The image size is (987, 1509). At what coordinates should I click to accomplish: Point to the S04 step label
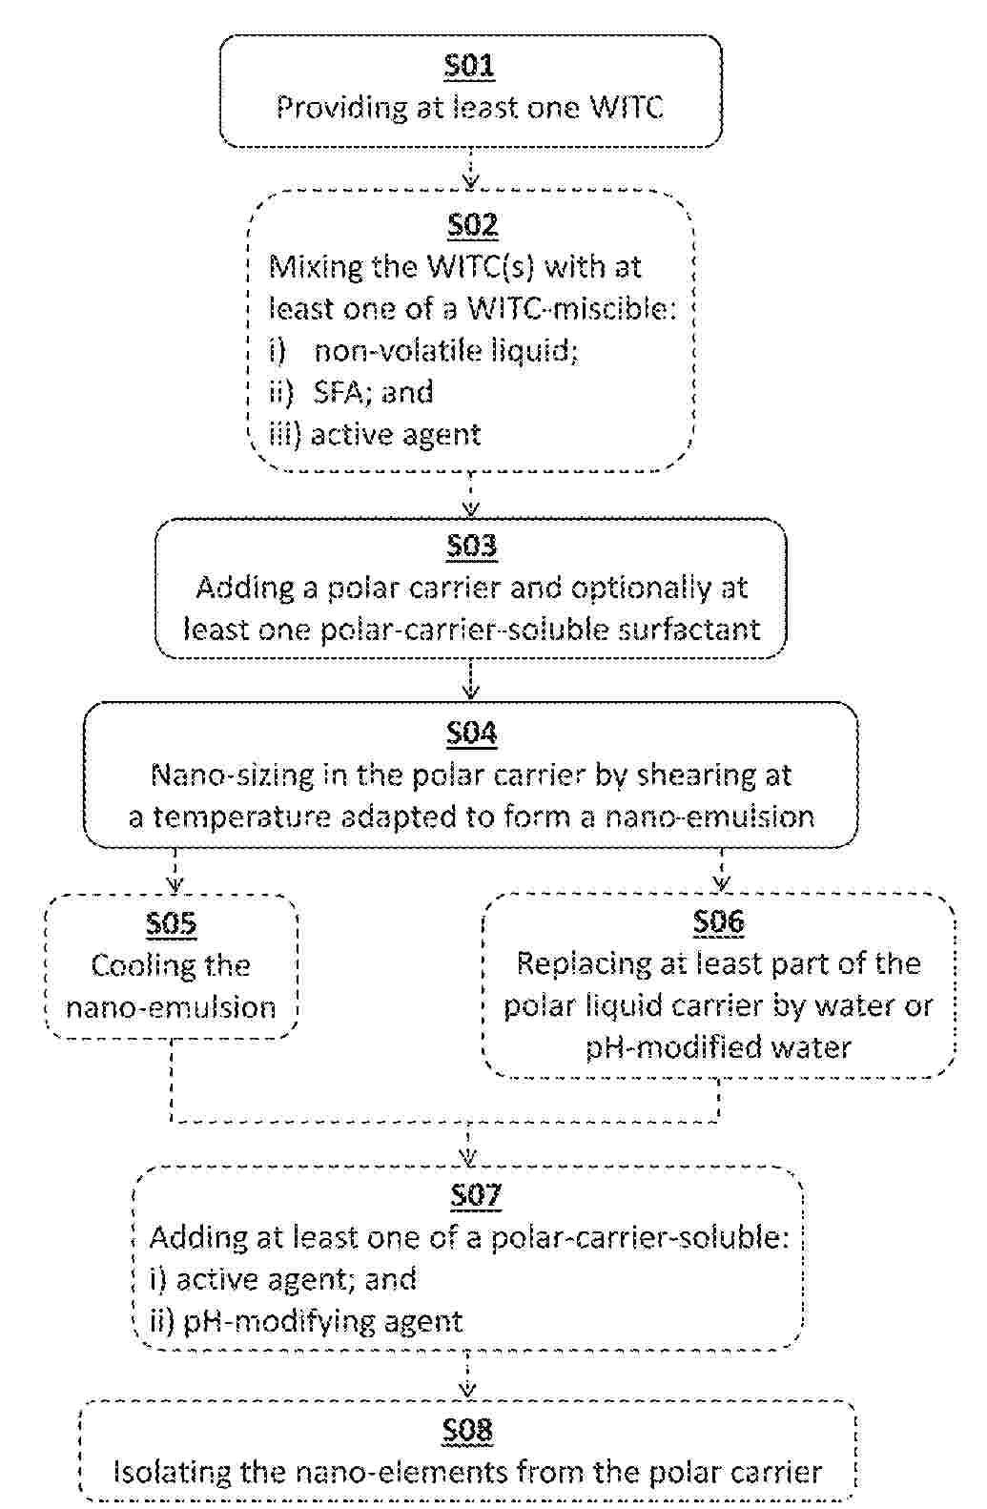(x=471, y=733)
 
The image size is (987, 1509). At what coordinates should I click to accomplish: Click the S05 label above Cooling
(x=172, y=923)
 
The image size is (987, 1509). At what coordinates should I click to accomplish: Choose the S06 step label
(x=718, y=921)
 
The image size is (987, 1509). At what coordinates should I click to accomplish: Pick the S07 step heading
(x=474, y=1194)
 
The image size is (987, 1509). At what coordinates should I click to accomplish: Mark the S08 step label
(x=467, y=1430)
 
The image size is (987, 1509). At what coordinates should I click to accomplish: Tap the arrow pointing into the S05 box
(x=175, y=872)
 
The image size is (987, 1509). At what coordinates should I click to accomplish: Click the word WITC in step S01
(x=625, y=107)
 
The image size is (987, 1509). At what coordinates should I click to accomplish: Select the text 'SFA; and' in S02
(x=373, y=392)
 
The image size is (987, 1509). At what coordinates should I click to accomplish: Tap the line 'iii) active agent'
(x=374, y=435)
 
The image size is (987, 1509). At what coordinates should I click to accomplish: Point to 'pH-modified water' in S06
(x=718, y=1048)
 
